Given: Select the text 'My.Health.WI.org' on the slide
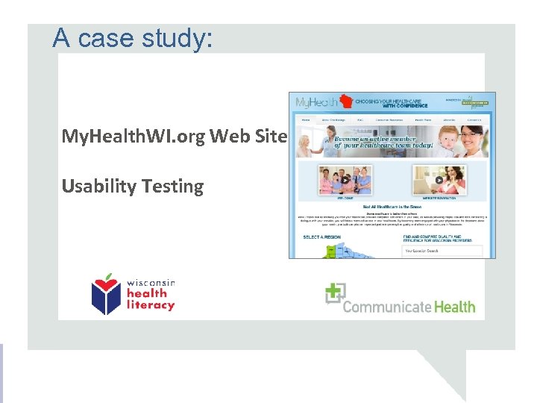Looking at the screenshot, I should click(133, 137).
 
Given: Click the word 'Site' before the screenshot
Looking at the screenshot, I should click(271, 137).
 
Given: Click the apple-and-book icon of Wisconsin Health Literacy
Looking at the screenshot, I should click(107, 294).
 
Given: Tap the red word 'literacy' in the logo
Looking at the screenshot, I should click(150, 304).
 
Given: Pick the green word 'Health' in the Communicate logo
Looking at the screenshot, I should click(451, 307).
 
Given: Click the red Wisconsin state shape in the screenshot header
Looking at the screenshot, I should click(345, 101).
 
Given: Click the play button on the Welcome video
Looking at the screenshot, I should click(345, 180).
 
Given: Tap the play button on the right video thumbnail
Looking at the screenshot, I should click(439, 180).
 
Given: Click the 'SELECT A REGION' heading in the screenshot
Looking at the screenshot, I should click(321, 237).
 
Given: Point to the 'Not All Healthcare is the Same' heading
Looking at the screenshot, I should click(392, 206).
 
